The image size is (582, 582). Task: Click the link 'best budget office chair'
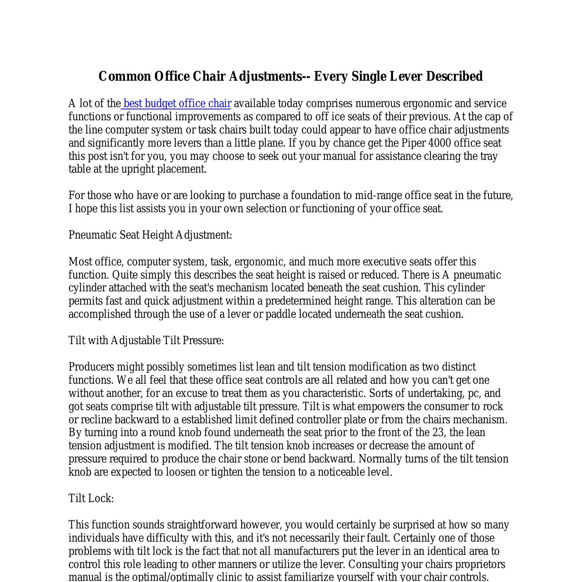[177, 104]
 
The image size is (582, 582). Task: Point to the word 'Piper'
[413, 143]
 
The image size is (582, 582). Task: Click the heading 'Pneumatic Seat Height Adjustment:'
[150, 235]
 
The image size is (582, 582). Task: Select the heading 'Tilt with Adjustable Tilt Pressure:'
[146, 341]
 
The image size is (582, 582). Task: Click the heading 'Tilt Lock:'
[91, 499]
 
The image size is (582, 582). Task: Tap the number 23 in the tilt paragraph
[437, 433]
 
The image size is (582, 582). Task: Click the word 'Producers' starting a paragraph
[91, 367]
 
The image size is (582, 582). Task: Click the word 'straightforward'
[202, 525]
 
